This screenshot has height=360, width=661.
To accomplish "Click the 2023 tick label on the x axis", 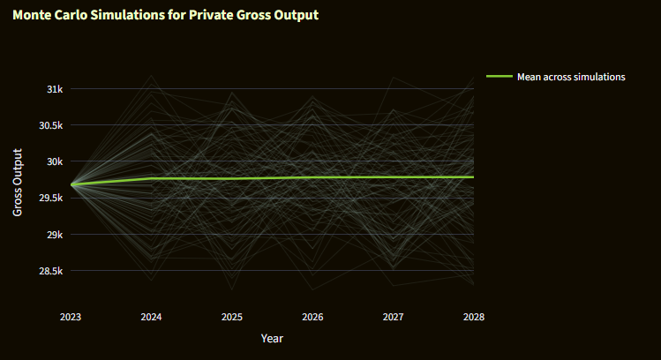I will coord(71,317).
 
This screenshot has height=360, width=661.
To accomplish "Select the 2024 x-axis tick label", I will coord(151,317).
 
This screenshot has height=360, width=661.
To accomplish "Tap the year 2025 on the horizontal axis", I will coord(232,317).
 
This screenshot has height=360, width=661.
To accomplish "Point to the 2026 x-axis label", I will coord(312,317).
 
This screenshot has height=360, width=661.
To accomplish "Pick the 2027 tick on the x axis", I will coord(393,317).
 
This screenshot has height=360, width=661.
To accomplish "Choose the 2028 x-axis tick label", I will coord(473,317).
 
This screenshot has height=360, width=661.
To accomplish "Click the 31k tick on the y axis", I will coord(55,89).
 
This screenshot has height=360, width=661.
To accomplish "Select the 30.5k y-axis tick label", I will coord(50,125).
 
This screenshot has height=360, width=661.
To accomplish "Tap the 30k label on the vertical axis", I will coord(55,161).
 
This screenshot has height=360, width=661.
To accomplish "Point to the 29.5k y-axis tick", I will coord(50,199).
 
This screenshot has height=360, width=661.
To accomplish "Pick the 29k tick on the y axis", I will coord(55,235).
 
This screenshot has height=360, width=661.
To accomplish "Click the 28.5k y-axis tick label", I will coord(50,271).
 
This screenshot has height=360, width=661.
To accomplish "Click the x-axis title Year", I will coord(272,338).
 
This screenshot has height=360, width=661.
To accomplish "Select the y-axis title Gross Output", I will coord(18,183).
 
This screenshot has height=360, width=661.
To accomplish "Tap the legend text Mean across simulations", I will coord(571,77).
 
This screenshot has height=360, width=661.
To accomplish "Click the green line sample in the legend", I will coord(499,77).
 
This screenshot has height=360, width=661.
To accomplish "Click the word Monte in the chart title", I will coord(33,16).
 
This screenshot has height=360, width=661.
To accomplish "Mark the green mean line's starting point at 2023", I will coord(71,184).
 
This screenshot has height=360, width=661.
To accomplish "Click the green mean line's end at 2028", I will coord(473,177).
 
